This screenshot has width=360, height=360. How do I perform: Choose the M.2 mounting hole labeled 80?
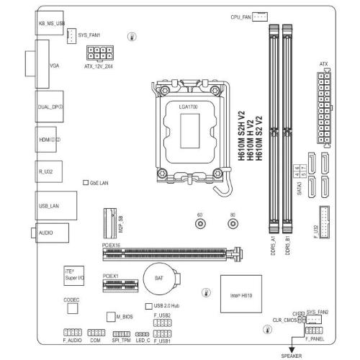(233, 225)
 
